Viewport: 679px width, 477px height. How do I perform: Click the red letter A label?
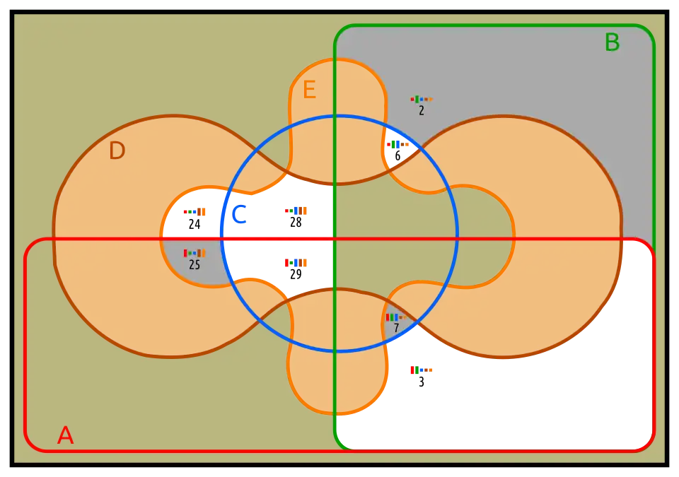click(x=65, y=435)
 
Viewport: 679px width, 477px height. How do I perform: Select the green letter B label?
click(x=612, y=43)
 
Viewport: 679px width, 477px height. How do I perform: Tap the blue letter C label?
click(x=239, y=215)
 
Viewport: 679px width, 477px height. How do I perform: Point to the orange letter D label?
click(x=117, y=151)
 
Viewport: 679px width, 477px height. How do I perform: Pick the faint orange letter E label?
click(x=308, y=90)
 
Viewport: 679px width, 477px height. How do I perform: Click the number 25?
click(x=195, y=265)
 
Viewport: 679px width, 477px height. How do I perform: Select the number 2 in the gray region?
click(x=422, y=111)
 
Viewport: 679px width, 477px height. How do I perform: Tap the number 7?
click(x=396, y=329)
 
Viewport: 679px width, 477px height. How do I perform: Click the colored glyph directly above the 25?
click(x=195, y=253)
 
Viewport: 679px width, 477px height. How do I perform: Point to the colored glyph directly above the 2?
click(x=422, y=99)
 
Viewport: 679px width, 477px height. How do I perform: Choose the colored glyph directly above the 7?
click(x=396, y=317)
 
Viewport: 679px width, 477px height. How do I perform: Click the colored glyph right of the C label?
click(x=296, y=211)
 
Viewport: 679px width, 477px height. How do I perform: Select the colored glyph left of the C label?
click(x=194, y=211)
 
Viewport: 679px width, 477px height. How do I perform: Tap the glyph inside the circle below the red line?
click(x=296, y=263)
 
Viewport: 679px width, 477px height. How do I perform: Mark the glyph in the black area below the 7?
click(x=422, y=370)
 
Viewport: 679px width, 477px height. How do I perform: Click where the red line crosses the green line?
click(x=335, y=240)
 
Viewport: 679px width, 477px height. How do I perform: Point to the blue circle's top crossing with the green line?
click(x=335, y=116)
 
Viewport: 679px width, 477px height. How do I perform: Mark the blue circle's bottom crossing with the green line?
click(x=335, y=351)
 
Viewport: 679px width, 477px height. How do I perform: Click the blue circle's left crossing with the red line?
click(x=222, y=240)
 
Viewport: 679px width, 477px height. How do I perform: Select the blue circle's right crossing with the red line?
click(x=458, y=240)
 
